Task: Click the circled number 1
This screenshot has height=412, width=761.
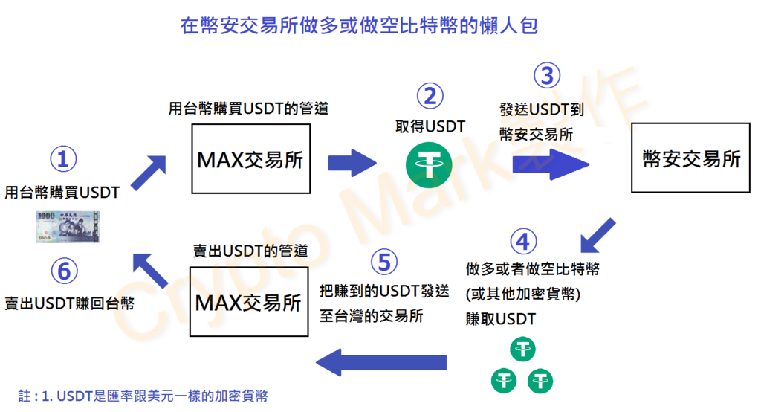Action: (63, 159)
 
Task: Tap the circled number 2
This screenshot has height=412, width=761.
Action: (430, 96)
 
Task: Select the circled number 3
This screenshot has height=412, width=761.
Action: (547, 76)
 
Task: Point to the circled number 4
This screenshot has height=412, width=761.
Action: (523, 242)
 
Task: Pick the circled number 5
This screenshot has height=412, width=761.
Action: (384, 263)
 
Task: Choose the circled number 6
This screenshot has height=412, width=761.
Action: (64, 271)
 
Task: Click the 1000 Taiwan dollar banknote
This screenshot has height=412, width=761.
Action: (68, 227)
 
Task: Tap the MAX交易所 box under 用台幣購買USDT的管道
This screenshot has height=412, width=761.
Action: (251, 159)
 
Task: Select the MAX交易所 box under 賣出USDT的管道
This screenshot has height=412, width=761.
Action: (249, 302)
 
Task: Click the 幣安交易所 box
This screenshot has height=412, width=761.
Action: (690, 158)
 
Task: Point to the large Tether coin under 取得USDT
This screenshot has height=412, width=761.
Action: (429, 165)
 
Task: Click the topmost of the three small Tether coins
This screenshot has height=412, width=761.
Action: (522, 350)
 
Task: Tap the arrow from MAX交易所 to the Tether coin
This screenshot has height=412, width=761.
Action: (352, 163)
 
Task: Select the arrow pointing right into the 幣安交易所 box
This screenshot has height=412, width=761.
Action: (551, 164)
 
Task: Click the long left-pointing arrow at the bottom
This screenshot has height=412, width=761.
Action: (381, 362)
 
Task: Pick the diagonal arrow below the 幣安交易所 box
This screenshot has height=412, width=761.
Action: (598, 236)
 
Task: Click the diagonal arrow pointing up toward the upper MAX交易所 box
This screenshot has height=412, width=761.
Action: (149, 173)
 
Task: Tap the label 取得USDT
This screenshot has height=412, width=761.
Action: (430, 127)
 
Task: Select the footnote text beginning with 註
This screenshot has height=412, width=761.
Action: (143, 396)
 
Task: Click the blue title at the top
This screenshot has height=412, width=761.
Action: (359, 25)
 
